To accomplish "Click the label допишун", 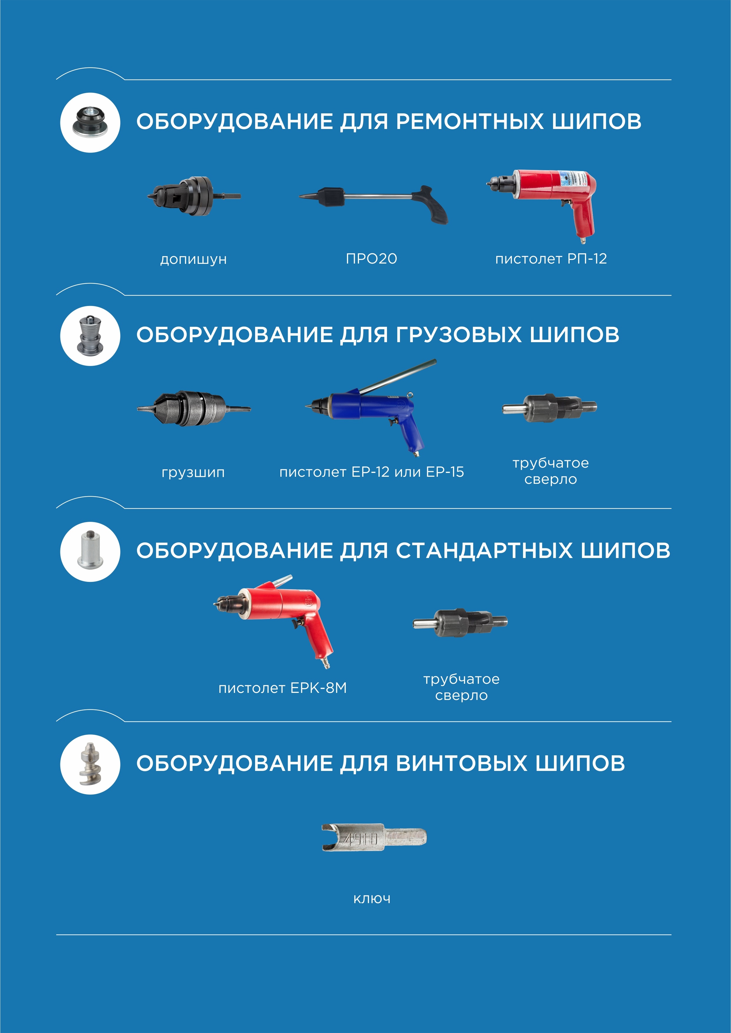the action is point(193,260).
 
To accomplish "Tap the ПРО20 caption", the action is point(371,259).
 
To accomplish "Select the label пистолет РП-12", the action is point(551,259).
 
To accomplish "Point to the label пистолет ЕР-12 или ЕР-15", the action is point(371,472).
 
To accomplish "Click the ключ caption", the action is point(372,899).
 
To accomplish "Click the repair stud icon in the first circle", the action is point(90,122).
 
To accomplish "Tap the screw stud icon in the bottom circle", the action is point(90,764).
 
